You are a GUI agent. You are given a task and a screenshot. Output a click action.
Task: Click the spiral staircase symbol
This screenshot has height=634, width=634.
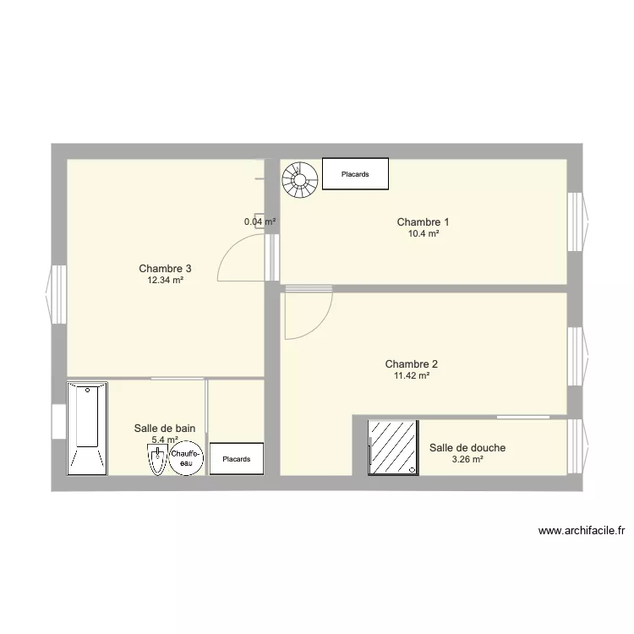click(x=299, y=178)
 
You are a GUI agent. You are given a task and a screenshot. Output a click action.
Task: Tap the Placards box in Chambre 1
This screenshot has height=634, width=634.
click(x=355, y=174)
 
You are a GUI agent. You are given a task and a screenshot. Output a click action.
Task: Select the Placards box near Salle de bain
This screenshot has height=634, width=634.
click(x=236, y=459)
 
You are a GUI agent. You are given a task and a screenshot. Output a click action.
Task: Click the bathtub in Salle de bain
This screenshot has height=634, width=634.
click(x=87, y=427)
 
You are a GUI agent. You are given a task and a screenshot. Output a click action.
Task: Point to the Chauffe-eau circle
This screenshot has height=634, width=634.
click(x=186, y=459)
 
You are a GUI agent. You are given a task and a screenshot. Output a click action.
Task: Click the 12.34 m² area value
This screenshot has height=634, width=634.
click(x=165, y=280)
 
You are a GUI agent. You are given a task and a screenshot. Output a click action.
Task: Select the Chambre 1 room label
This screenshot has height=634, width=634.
click(x=423, y=222)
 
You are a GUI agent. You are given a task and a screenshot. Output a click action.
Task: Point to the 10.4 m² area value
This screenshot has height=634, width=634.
click(x=423, y=233)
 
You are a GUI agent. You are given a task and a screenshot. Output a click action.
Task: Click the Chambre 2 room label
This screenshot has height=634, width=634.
click(x=411, y=364)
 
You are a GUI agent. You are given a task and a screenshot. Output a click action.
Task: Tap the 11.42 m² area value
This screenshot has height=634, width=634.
click(x=412, y=375)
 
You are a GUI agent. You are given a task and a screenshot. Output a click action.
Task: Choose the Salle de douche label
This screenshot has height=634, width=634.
click(x=467, y=448)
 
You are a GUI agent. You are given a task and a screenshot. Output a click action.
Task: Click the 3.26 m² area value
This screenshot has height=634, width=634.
click(x=467, y=459)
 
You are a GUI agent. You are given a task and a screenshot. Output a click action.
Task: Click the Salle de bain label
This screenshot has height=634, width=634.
click(x=165, y=429)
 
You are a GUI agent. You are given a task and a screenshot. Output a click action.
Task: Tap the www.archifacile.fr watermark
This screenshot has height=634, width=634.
click(x=582, y=531)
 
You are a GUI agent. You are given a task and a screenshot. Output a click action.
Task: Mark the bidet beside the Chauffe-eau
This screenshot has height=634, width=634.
click(x=156, y=461)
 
